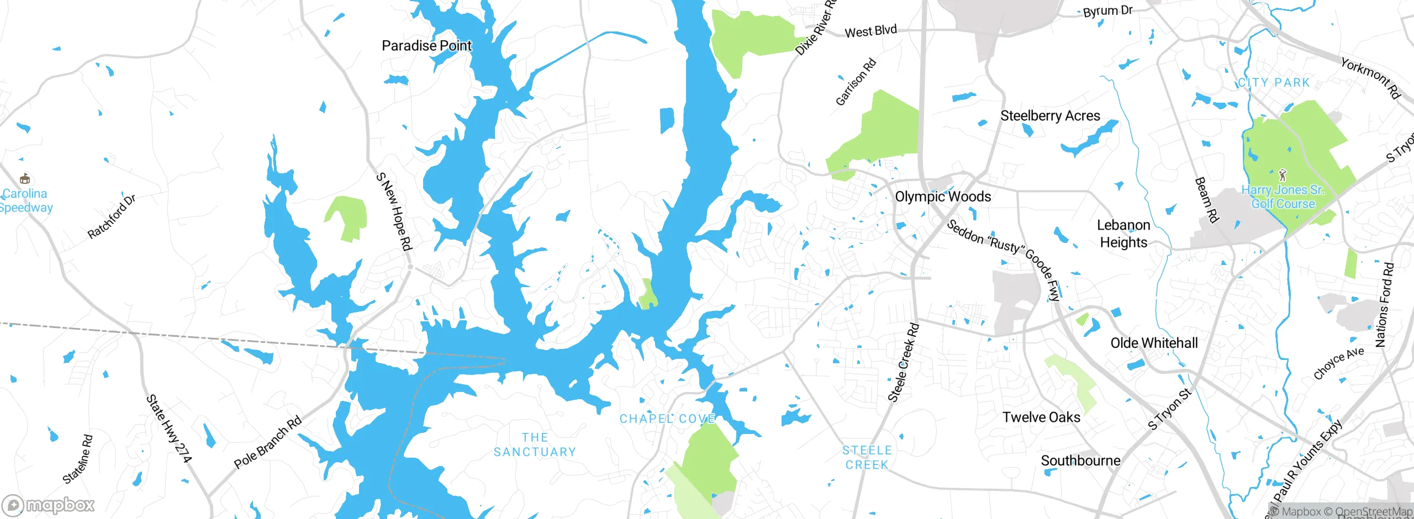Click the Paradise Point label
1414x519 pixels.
pos(426,45)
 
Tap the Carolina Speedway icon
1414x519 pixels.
pos(24,178)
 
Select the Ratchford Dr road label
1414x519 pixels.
pos(112,216)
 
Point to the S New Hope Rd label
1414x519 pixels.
pos(394,211)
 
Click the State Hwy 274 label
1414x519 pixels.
pos(168,428)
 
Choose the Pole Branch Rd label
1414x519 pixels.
pos(268,442)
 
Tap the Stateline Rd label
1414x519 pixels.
pos(78,459)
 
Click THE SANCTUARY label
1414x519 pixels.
pos(535,445)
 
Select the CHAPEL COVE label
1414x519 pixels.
pos(667,419)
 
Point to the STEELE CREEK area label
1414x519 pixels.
pos(867,458)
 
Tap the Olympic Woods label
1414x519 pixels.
pos(943,197)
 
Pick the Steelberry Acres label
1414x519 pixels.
pos(1050,116)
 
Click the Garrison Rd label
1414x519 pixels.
pos(856,82)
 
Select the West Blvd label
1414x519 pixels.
pos(870,31)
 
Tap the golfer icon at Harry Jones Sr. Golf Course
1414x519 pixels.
pos(1283,175)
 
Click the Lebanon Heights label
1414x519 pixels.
pos(1123,234)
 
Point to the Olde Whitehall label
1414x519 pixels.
pos(1154,343)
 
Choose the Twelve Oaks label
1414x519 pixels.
pos(1041,417)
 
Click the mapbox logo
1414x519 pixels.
pos(49,505)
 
